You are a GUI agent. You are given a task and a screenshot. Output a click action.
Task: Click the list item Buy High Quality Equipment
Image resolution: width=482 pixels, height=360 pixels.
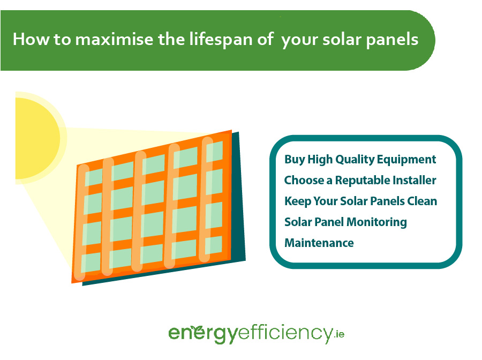[360, 160]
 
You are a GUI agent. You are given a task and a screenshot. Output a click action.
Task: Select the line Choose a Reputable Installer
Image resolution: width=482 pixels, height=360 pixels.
[360, 180]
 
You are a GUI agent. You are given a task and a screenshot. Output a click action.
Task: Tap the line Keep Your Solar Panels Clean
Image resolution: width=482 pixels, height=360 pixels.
[360, 201]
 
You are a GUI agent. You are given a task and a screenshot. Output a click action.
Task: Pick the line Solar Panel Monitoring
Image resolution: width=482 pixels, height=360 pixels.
[345, 222]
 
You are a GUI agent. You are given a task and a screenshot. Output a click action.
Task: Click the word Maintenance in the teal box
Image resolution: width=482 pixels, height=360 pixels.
[319, 243]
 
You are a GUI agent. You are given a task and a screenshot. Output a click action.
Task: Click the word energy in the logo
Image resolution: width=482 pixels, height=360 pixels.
[203, 334]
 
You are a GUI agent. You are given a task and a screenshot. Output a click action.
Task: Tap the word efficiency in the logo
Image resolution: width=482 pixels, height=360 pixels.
[285, 334]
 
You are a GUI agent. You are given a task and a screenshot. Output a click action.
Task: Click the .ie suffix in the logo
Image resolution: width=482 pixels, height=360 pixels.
[339, 334]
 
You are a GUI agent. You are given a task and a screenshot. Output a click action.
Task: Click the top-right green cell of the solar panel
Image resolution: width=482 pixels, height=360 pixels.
[214, 151]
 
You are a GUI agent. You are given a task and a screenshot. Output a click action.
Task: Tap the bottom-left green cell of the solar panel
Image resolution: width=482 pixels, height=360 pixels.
[91, 262]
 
